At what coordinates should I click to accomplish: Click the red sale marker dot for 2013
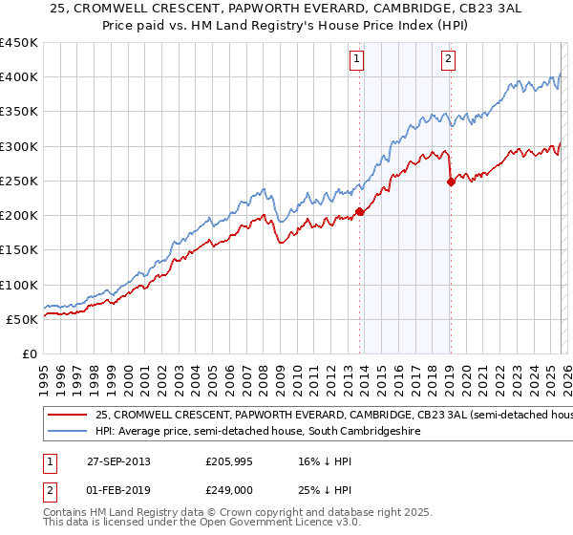(359, 212)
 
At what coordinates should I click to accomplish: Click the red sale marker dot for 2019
(450, 182)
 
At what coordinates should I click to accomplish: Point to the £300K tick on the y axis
(19, 146)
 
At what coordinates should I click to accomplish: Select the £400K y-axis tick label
(19, 77)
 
